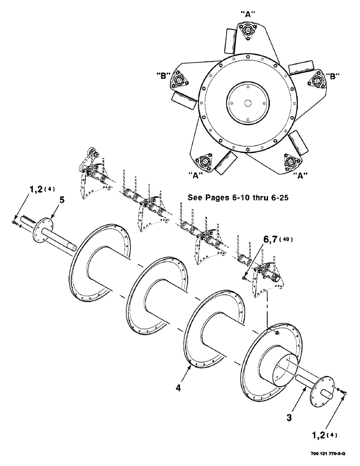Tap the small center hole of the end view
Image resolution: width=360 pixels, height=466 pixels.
[x=248, y=103]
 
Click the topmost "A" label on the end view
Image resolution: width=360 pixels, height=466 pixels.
[x=249, y=14]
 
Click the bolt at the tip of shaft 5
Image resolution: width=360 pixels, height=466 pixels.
[x=16, y=223]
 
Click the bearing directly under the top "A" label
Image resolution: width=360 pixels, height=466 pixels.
[x=248, y=30]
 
